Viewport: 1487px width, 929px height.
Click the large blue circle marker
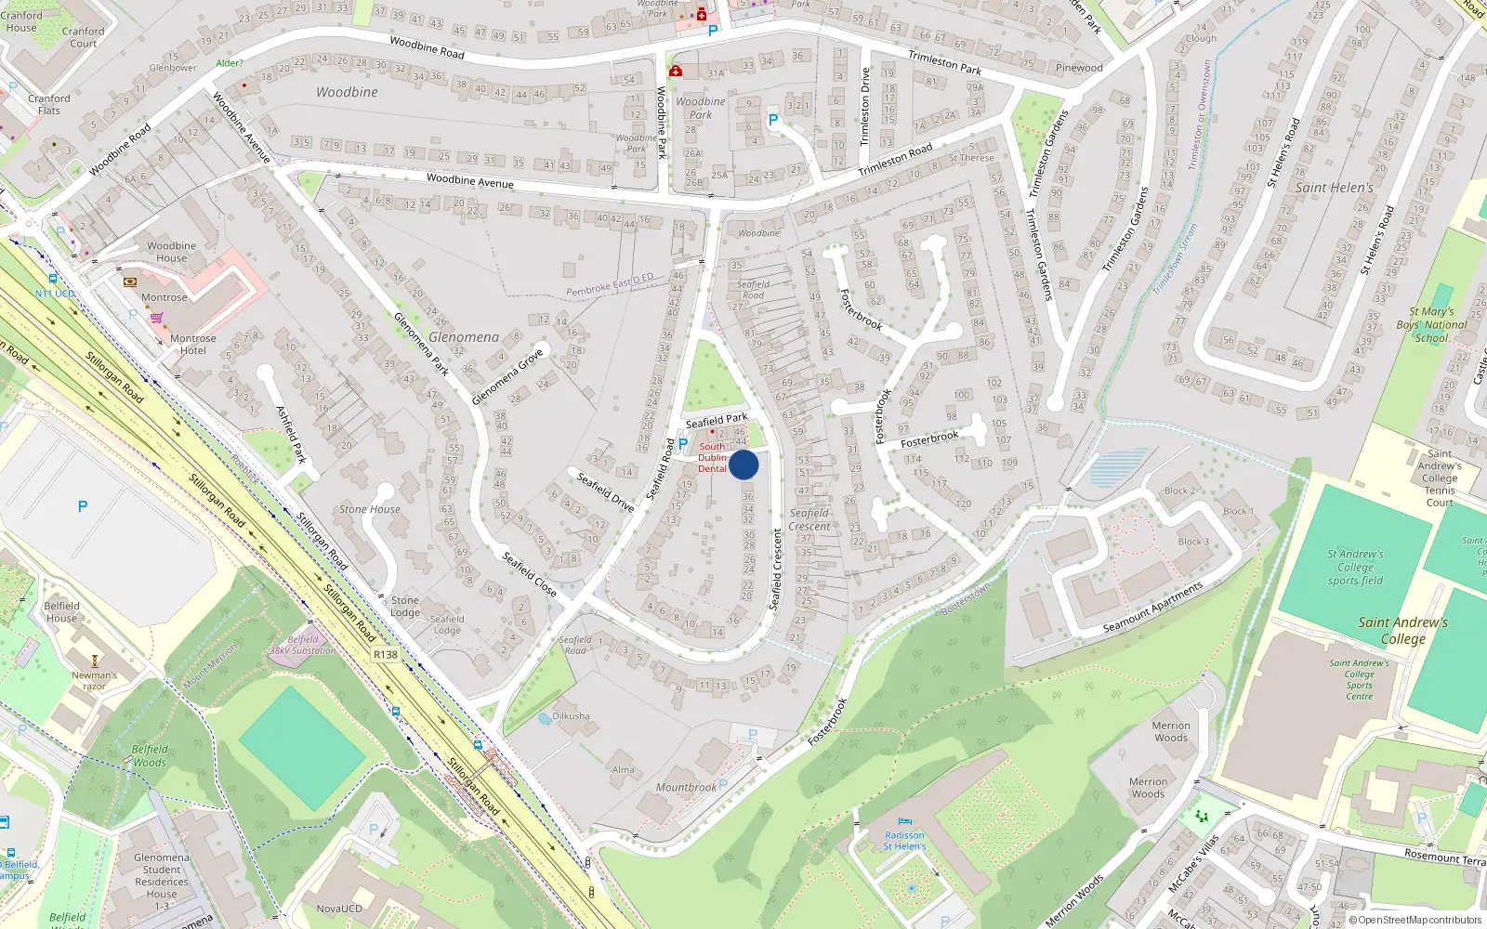tap(743, 464)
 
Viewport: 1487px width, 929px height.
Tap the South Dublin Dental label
tap(712, 458)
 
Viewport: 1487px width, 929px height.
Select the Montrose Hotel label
tap(192, 345)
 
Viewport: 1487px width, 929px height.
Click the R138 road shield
tap(386, 655)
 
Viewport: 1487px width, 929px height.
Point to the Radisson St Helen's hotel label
tap(904, 841)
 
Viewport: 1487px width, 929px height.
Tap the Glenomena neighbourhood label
tap(464, 337)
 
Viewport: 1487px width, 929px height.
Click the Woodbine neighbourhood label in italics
tap(347, 92)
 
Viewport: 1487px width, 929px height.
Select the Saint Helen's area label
tap(1334, 188)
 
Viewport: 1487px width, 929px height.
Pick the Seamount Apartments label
tap(1152, 608)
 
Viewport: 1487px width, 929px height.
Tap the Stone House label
tap(369, 509)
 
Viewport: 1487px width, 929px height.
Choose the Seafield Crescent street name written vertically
tap(777, 569)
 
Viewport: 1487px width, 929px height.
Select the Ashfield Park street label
tap(291, 434)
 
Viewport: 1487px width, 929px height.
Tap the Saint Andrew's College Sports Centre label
tap(1359, 680)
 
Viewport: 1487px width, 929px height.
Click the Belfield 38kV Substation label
tap(303, 645)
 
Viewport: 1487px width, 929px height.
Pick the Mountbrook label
tap(686, 788)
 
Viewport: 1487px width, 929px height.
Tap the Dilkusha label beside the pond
tap(571, 716)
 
